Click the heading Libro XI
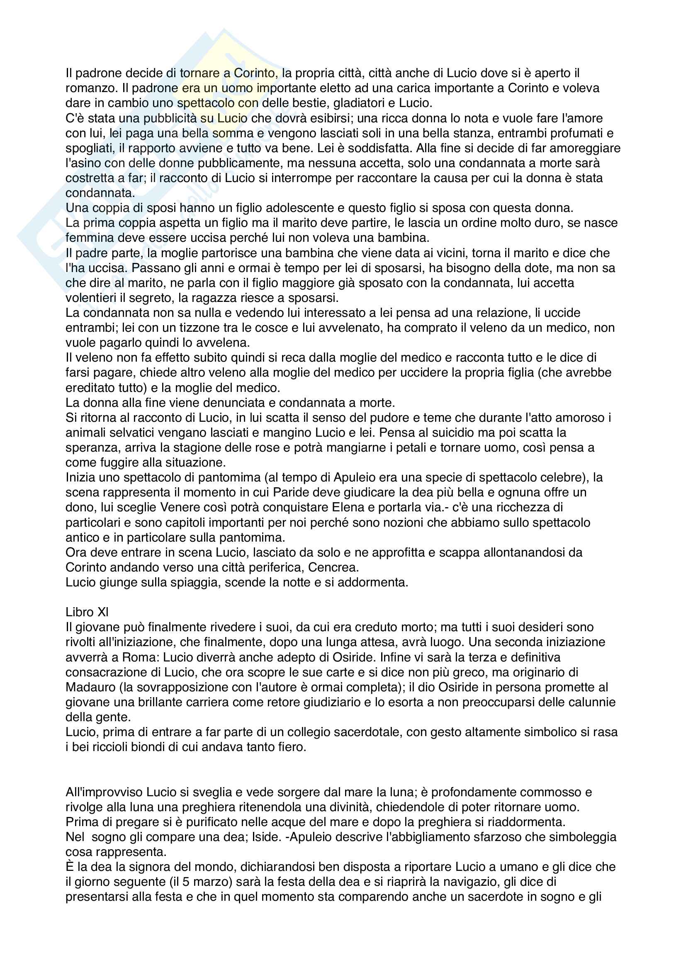point(87,612)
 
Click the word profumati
point(569,134)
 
